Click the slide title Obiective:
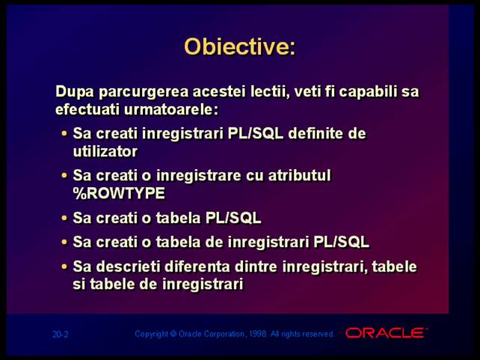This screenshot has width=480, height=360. (x=240, y=46)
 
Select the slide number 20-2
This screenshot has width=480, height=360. (x=61, y=335)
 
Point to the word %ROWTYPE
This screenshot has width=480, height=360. (x=119, y=193)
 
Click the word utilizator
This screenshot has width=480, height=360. (x=105, y=151)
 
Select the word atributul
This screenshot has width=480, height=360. (x=300, y=175)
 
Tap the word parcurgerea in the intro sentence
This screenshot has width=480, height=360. (x=144, y=92)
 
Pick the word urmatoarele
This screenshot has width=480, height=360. (x=171, y=109)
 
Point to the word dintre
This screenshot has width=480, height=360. (x=256, y=266)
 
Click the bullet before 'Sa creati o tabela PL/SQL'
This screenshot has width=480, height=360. (x=64, y=218)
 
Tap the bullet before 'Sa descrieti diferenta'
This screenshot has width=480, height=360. (x=64, y=266)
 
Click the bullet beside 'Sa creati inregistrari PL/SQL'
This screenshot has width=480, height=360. (x=64, y=133)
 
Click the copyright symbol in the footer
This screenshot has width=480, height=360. (x=173, y=334)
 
